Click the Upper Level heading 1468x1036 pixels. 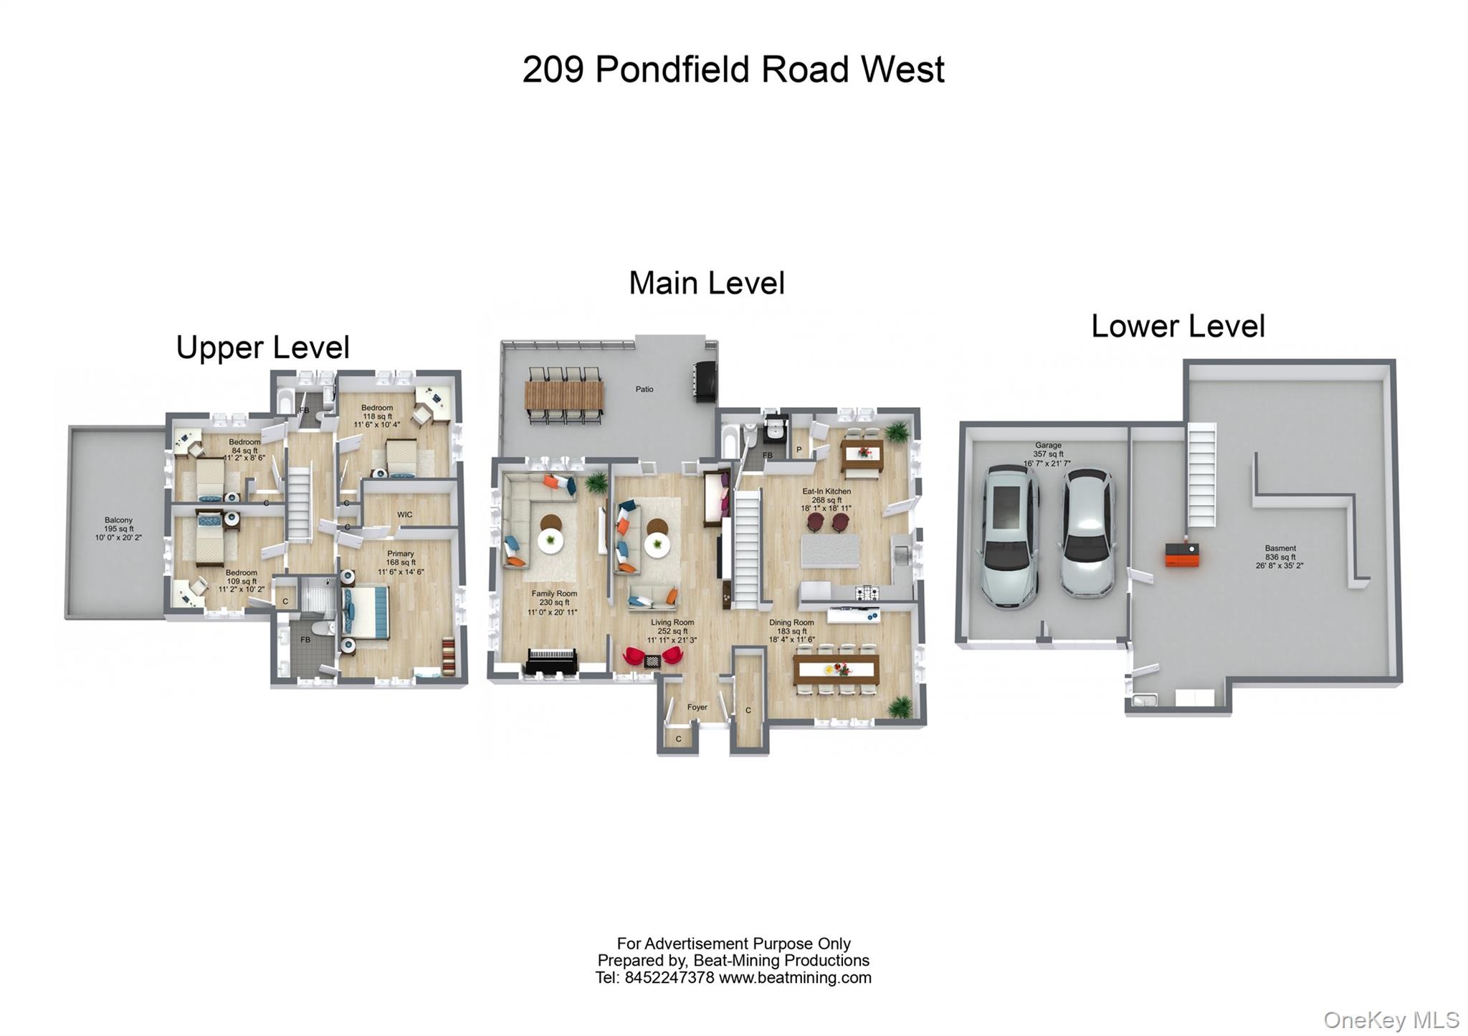262,348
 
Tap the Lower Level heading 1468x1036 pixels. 1178,327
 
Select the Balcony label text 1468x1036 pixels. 118,520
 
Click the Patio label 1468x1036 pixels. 644,389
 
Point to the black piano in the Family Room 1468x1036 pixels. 552,661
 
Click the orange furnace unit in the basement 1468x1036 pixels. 1181,555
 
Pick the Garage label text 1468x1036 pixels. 1048,445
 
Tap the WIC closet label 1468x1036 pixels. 405,514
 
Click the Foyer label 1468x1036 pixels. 697,707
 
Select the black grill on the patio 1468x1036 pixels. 705,383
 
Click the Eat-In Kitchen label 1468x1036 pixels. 826,491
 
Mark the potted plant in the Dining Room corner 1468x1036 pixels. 900,708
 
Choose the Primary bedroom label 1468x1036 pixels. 401,553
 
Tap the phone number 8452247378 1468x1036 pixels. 669,978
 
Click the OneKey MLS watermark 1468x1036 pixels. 1391,1020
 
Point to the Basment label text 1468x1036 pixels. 1280,548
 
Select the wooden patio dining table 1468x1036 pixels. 565,395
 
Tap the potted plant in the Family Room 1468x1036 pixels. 595,484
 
